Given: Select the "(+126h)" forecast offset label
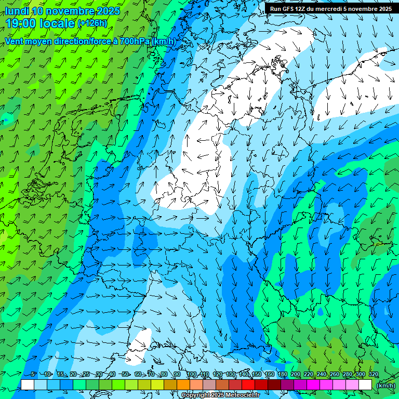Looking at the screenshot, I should pyautogui.click(x=92, y=23).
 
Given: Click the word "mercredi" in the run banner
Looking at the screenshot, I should pyautogui.click(x=338, y=8).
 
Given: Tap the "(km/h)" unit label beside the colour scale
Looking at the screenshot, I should pyautogui.click(x=385, y=385).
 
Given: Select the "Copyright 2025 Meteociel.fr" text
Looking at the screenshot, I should pyautogui.click(x=220, y=395).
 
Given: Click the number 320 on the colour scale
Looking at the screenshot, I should pyautogui.click(x=374, y=374).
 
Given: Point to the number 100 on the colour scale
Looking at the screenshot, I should pyautogui.click(x=192, y=374).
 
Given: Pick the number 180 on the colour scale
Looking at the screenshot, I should pyautogui.click(x=283, y=374).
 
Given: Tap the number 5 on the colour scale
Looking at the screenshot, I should pyautogui.click(x=33, y=374).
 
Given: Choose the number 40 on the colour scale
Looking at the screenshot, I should pyautogui.click(x=112, y=374).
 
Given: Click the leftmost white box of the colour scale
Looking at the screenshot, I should pyautogui.click(x=28, y=385).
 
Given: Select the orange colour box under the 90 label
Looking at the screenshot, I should pyautogui.click(x=183, y=385).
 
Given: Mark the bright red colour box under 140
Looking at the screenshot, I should pyautogui.click(x=248, y=385).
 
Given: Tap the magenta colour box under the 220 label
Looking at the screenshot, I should pyautogui.click(x=313, y=385).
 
